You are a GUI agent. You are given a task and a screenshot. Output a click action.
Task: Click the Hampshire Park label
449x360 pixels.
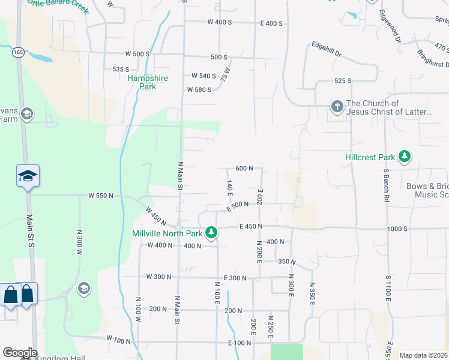(148, 82)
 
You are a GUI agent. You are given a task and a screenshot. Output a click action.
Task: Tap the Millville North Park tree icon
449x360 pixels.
(211, 232)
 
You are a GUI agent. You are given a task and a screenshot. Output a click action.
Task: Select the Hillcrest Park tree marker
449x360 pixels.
(405, 157)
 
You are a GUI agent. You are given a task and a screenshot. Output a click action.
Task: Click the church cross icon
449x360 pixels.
(337, 107)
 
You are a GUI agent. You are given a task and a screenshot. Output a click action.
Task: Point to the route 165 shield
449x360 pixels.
(20, 52)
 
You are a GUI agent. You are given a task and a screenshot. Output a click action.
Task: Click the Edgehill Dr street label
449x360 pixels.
(326, 49)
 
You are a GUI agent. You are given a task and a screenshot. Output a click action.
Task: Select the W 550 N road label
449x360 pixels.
(100, 196)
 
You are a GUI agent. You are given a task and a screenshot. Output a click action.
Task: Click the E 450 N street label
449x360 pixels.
(252, 226)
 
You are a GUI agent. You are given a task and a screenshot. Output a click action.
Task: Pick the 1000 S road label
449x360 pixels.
(397, 229)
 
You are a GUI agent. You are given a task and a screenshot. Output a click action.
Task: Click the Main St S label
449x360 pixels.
(31, 229)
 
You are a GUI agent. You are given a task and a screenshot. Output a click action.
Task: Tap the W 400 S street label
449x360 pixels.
(219, 22)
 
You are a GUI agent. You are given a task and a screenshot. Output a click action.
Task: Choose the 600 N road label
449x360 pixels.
(244, 169)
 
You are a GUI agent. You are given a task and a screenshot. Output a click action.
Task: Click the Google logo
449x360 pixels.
(20, 353)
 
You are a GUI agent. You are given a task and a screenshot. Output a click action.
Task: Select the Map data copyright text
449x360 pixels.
(423, 355)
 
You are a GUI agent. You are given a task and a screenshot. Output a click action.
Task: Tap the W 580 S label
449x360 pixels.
(199, 90)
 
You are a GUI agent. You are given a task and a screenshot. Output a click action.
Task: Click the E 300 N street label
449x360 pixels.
(235, 278)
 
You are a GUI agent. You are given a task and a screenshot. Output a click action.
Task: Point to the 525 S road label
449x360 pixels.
(342, 81)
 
